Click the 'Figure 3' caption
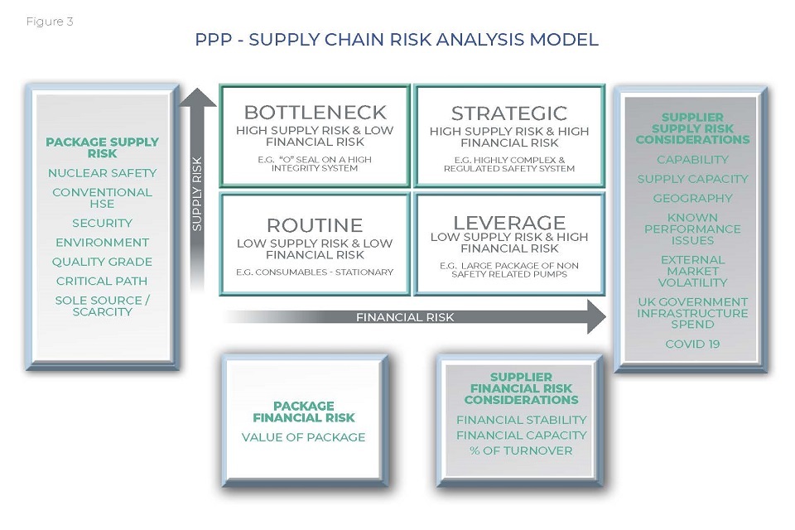click(x=50, y=22)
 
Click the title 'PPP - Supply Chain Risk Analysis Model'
click(x=397, y=40)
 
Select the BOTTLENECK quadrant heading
click(x=315, y=113)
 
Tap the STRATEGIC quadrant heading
click(x=509, y=113)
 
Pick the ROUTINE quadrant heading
click(x=315, y=225)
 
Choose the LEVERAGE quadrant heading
click(x=509, y=223)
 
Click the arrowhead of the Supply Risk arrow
click(x=197, y=98)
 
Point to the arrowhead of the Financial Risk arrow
click(x=596, y=317)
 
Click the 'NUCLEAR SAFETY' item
click(x=102, y=173)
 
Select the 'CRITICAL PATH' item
click(x=102, y=281)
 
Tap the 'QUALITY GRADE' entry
click(x=102, y=262)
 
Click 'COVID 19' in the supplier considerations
click(x=692, y=344)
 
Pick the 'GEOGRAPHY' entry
click(x=692, y=198)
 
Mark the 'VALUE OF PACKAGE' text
click(x=303, y=437)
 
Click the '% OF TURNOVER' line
click(x=521, y=450)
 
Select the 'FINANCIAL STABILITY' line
click(x=521, y=420)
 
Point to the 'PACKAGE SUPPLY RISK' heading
click(x=102, y=147)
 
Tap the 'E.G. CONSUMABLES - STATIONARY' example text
click(x=315, y=272)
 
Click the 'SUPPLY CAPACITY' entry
click(x=692, y=179)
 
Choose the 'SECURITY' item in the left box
click(x=102, y=223)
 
